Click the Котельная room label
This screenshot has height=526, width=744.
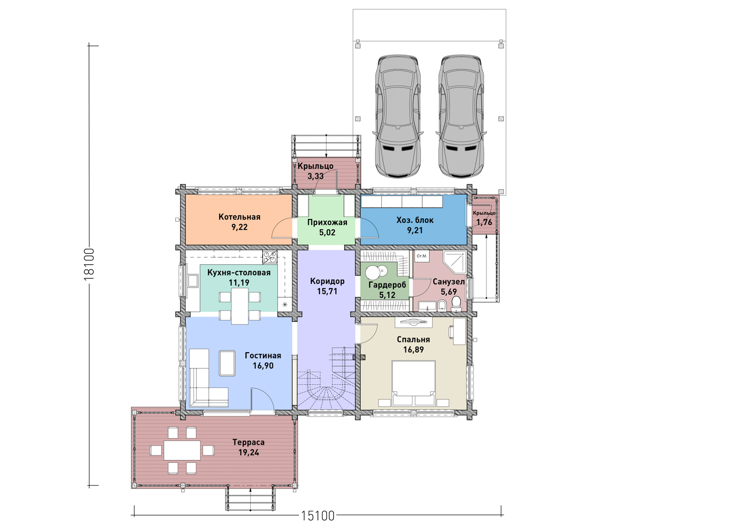(239, 217)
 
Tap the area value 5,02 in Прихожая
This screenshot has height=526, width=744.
(327, 233)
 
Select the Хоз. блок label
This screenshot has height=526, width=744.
(415, 220)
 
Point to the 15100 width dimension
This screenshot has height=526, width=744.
(318, 516)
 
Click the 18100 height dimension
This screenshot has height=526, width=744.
(89, 264)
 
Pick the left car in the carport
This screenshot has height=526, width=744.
(398, 116)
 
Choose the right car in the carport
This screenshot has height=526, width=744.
(461, 116)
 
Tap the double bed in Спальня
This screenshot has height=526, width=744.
(413, 383)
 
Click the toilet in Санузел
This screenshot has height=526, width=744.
(456, 303)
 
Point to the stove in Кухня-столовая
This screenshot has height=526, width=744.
(270, 257)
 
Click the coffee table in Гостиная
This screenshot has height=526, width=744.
(227, 363)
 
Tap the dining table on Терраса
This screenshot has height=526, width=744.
(182, 450)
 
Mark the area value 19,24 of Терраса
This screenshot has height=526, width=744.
(248, 452)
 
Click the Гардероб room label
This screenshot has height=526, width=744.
(387, 285)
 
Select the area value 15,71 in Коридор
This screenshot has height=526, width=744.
(327, 291)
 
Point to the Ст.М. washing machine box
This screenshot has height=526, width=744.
(422, 256)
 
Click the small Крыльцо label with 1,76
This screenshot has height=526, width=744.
(484, 218)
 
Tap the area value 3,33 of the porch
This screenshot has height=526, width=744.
(315, 176)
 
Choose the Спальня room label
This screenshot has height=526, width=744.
(413, 340)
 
